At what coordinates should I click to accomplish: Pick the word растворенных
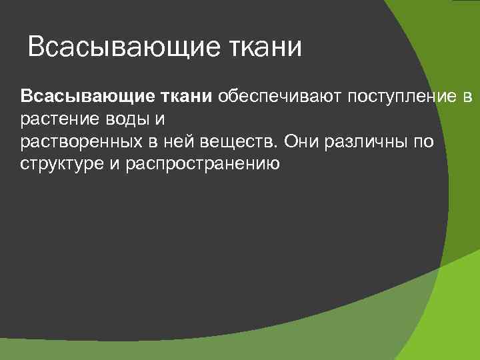point(80,143)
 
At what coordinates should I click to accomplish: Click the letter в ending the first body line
point(467,98)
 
